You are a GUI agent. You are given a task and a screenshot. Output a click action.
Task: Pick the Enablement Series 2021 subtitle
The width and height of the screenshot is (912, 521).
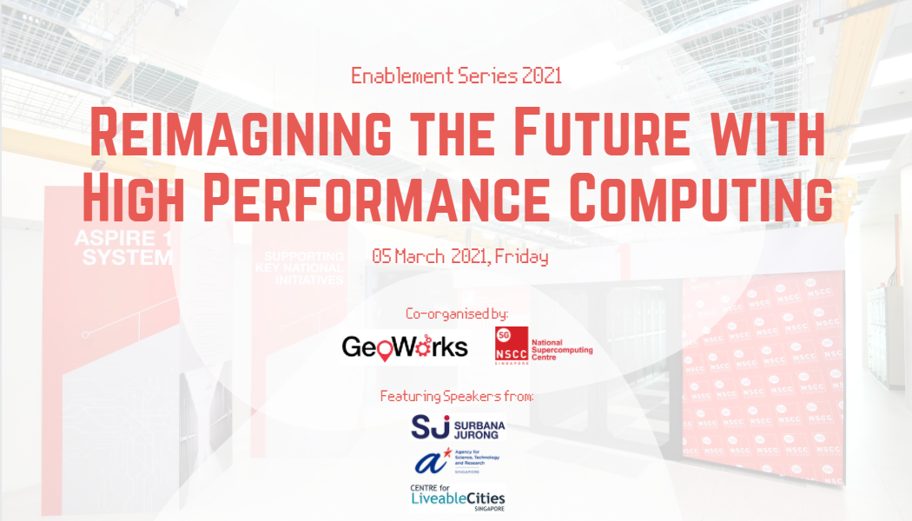coord(456,76)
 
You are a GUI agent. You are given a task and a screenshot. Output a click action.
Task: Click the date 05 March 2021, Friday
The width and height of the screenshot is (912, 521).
coord(459,257)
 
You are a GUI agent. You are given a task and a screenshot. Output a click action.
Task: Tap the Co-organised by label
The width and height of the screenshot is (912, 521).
coord(456,313)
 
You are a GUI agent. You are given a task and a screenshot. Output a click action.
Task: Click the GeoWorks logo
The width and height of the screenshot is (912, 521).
coord(405,347)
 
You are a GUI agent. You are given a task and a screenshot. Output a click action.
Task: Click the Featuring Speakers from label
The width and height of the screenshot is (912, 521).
coord(457,397)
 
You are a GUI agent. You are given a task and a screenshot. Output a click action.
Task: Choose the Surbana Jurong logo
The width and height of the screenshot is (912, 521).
coord(457,426)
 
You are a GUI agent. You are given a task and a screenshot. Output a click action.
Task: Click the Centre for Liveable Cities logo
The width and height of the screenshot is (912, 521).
coord(457,498)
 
